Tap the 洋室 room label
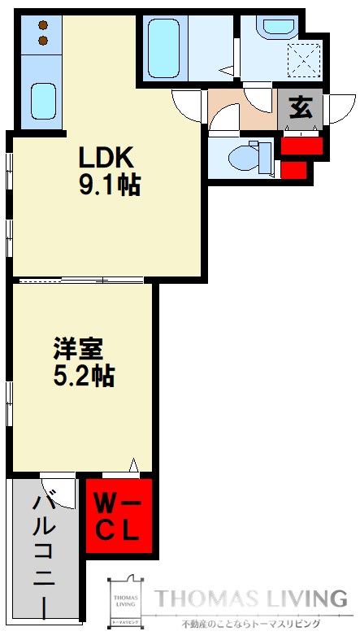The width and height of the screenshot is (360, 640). coord(78,350)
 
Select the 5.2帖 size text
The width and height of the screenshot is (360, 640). coord(85,377)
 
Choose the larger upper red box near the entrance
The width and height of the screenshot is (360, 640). coord(301,146)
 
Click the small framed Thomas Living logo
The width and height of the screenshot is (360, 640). coord(126,602)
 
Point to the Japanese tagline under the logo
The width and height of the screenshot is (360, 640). coord(250,624)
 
